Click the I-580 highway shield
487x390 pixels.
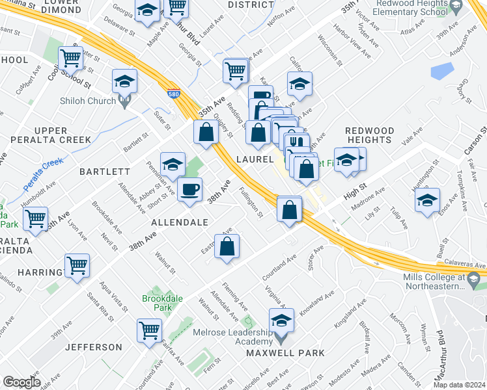point(174,94)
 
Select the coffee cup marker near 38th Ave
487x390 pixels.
point(189,190)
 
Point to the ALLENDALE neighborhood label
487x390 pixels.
point(179,222)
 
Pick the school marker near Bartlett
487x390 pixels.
point(173,165)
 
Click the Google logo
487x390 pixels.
point(21,382)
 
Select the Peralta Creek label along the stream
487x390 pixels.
point(44,172)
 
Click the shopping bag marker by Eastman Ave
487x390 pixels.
point(227,247)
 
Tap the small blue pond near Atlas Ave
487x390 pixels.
point(442,70)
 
